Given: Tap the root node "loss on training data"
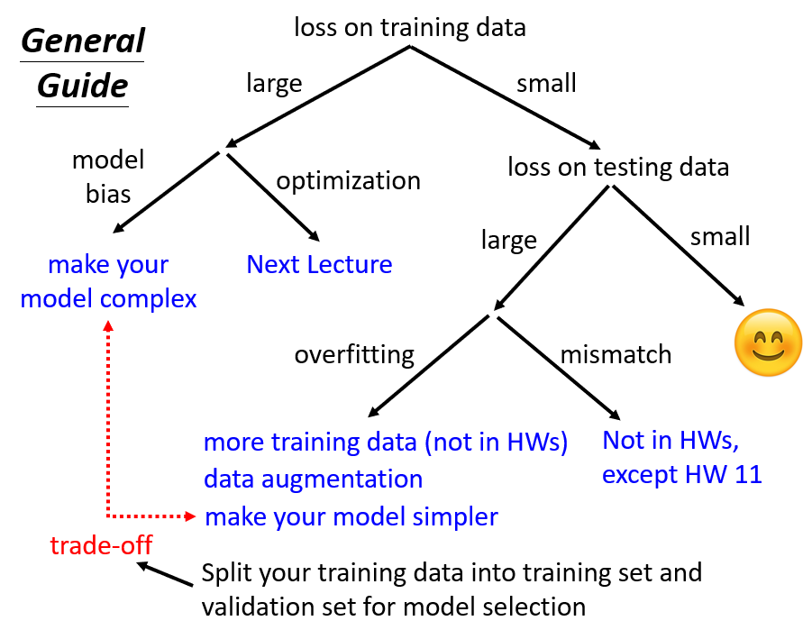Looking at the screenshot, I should pos(410,27).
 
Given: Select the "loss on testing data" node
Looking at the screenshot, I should pos(618,167).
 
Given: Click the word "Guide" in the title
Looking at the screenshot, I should pos(82,87).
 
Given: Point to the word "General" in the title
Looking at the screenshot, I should pos(82,41).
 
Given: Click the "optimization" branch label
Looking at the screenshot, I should pos(348,180).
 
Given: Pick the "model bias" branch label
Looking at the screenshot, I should pos(108,178).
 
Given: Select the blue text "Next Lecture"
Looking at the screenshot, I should pos(319,265).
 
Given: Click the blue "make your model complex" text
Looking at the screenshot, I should pos(108,281).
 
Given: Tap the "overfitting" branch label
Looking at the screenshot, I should pos(354,354).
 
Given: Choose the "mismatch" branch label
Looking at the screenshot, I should pos(616,354).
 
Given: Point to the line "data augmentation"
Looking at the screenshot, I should pos(313,479).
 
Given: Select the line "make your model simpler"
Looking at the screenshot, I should pos(351,517).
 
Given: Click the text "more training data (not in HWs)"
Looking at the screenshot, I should pos(386,443).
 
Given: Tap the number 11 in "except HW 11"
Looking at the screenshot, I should pos(747,473).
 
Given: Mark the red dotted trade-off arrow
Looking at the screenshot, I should pos(108,424).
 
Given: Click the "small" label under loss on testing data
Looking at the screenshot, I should pos(720,236).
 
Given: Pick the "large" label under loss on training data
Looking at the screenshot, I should pos(274,84).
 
